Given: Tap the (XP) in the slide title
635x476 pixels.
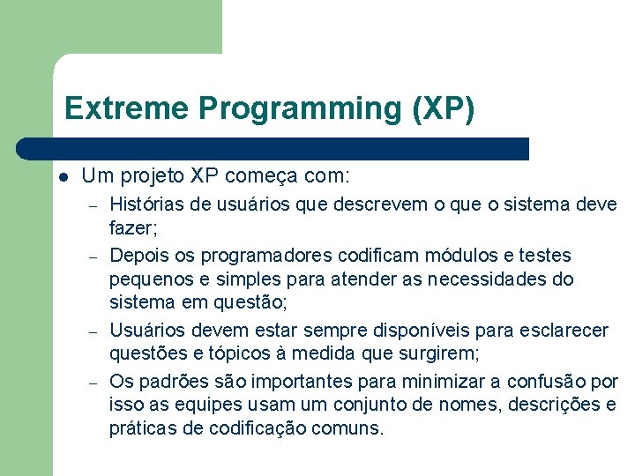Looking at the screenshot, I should tap(443, 108).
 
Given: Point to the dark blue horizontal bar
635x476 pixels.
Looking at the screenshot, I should tap(273, 148).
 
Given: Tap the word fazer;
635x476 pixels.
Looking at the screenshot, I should tap(131, 230).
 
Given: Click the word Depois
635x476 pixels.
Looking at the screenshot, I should tap(138, 256).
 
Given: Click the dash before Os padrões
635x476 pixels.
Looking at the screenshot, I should tap(91, 382).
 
